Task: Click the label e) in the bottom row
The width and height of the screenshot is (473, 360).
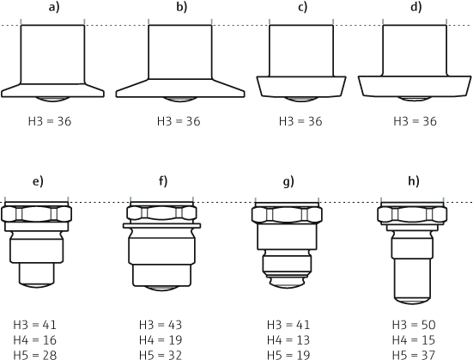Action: (37, 181)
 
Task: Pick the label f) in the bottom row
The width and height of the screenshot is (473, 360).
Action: (162, 181)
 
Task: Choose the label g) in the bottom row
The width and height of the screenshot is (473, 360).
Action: (288, 181)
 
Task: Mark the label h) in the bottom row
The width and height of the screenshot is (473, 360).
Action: (413, 181)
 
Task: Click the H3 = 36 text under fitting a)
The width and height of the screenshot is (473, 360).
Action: (50, 121)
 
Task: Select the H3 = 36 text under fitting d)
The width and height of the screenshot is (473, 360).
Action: (414, 121)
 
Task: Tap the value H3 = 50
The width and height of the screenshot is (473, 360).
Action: (414, 325)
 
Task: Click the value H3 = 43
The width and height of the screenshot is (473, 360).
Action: (161, 325)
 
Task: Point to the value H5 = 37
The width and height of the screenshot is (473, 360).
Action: (414, 354)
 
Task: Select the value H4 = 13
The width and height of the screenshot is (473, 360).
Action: (288, 339)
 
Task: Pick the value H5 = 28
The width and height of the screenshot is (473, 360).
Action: (35, 354)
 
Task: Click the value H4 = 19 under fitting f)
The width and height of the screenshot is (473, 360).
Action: (161, 339)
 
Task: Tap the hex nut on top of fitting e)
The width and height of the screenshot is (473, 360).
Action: (36, 215)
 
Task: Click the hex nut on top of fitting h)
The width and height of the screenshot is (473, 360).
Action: (413, 214)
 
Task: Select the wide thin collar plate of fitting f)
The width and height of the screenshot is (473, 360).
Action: (162, 226)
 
